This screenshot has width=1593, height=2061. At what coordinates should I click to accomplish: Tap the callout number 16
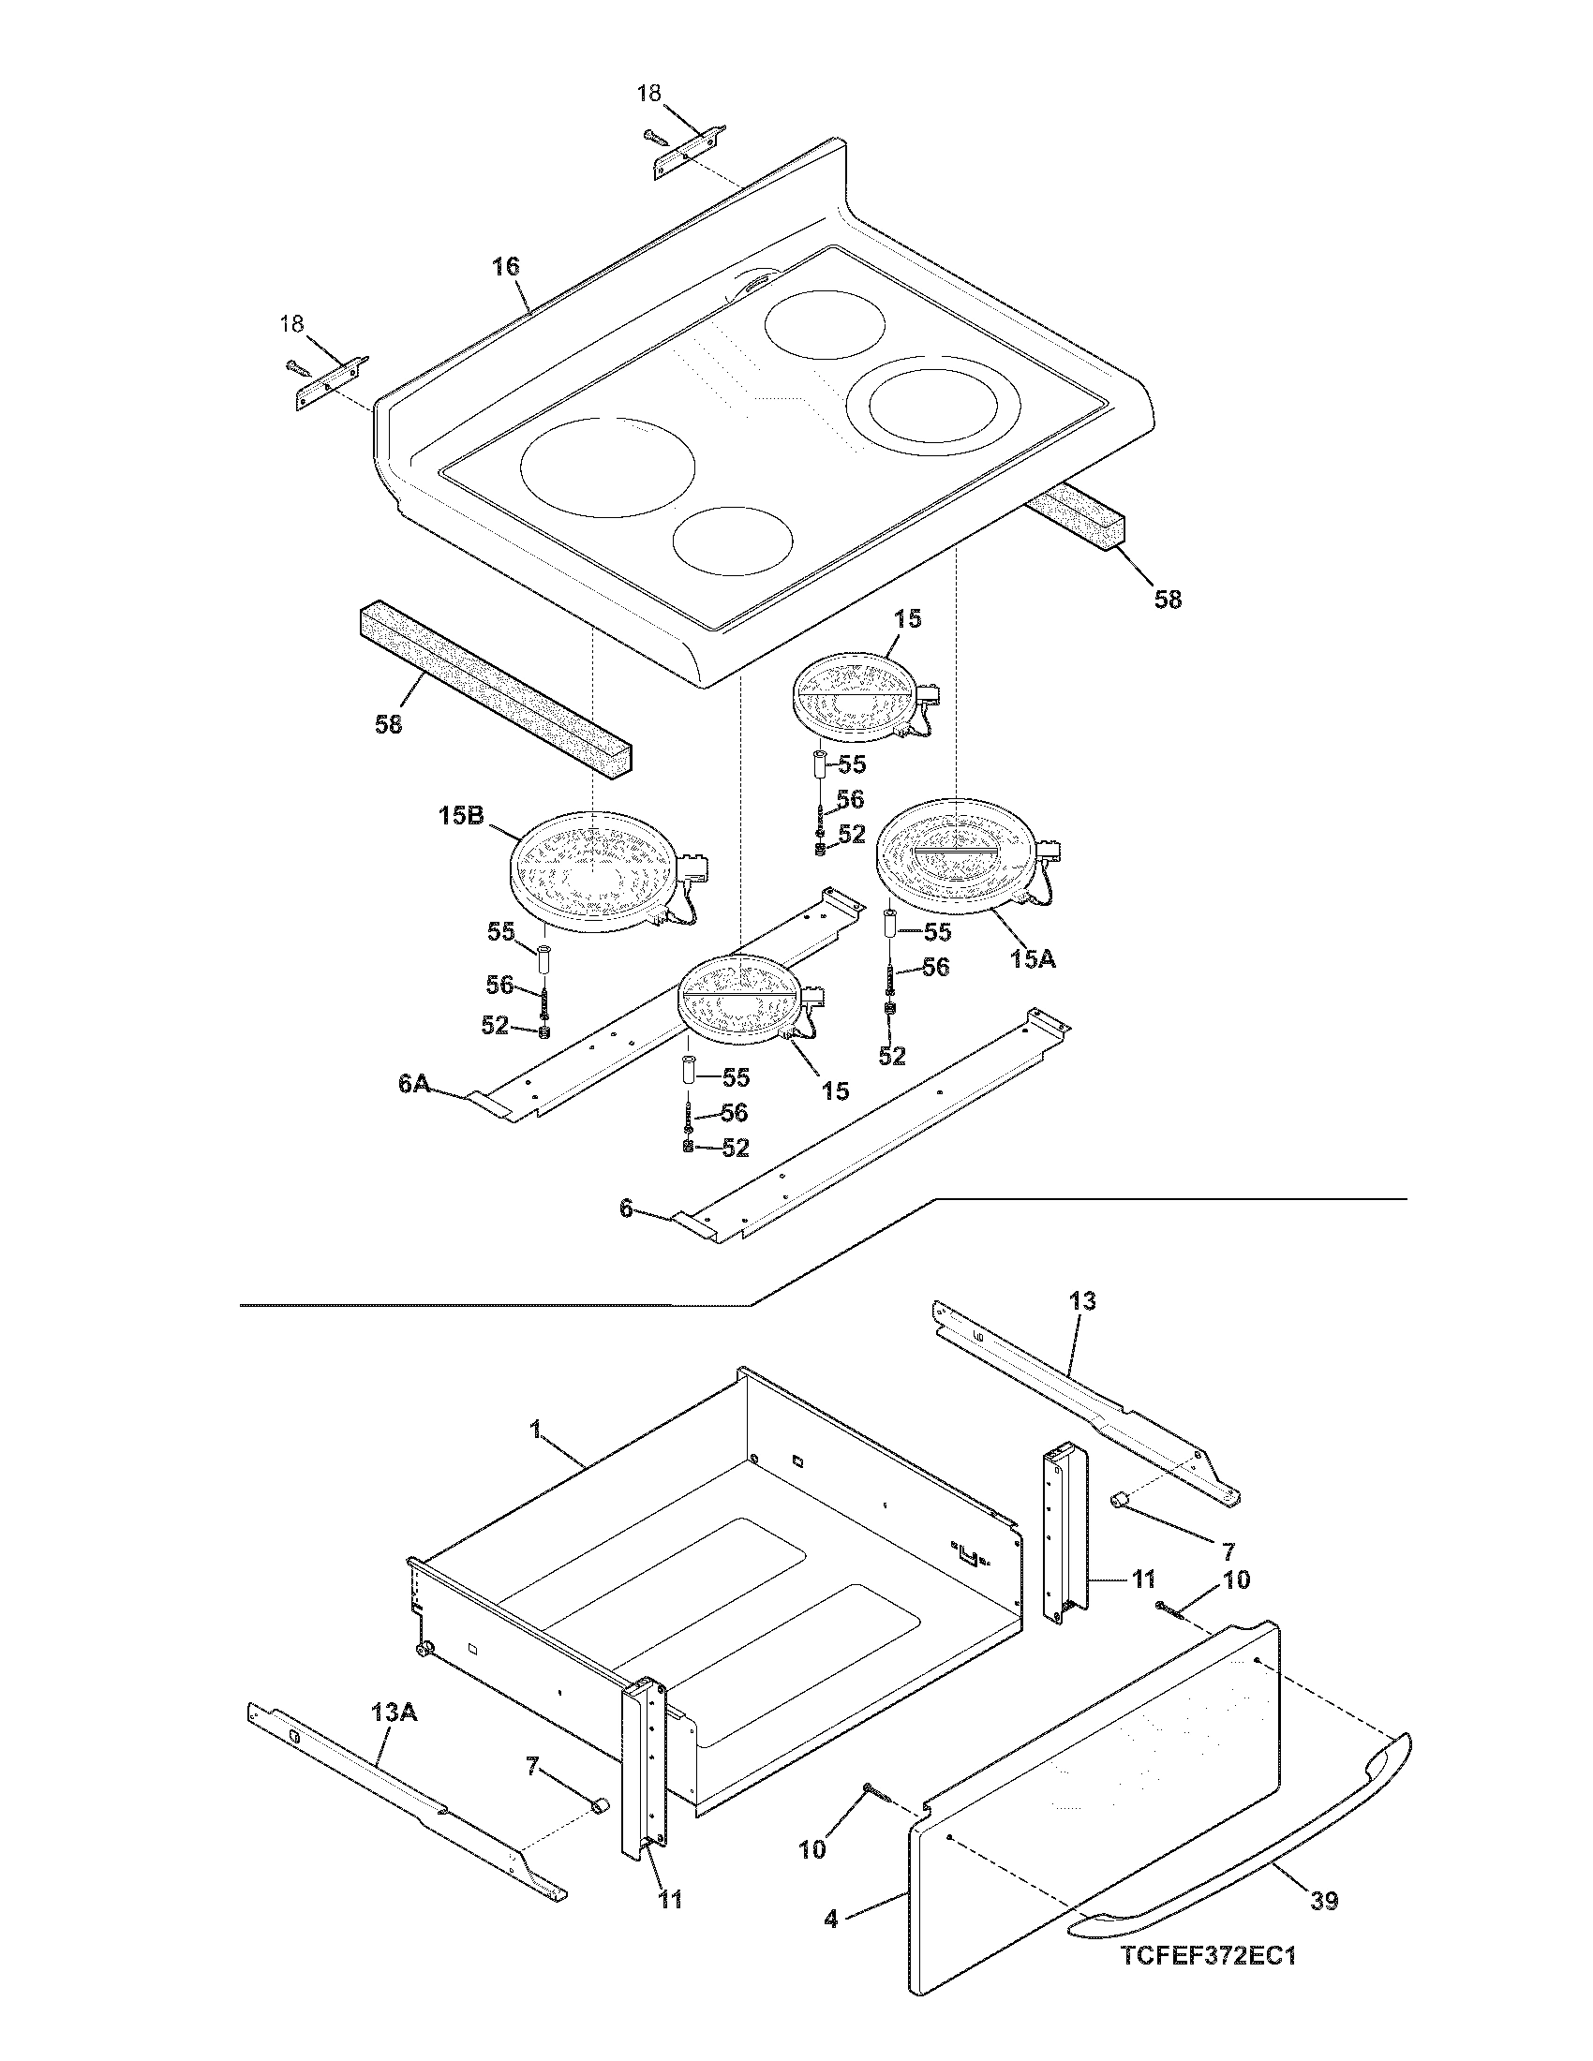point(506,266)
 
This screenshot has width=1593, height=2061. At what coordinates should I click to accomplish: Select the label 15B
point(461,815)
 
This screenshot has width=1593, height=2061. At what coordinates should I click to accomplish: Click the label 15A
point(1033,958)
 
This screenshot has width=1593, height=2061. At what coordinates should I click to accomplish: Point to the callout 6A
point(413,1084)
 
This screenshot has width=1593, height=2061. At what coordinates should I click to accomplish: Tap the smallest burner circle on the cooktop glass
point(734,540)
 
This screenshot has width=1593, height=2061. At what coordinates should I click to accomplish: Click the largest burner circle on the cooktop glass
point(608,468)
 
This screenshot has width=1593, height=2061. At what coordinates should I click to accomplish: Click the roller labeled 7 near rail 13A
point(598,1805)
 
